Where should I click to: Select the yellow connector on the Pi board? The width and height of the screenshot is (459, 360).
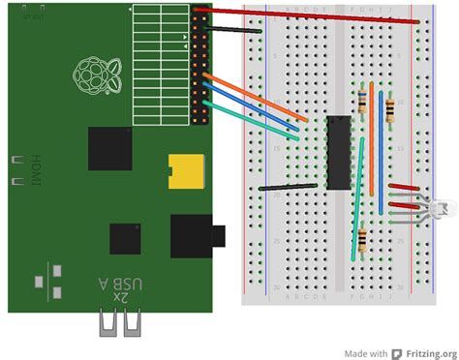click(x=185, y=170)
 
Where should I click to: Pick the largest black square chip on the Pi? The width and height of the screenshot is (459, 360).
click(x=110, y=148)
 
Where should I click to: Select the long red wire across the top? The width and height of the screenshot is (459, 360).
click(x=310, y=15)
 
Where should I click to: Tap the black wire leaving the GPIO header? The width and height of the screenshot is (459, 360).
click(x=233, y=29)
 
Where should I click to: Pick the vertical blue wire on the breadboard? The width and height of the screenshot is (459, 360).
click(x=381, y=165)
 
